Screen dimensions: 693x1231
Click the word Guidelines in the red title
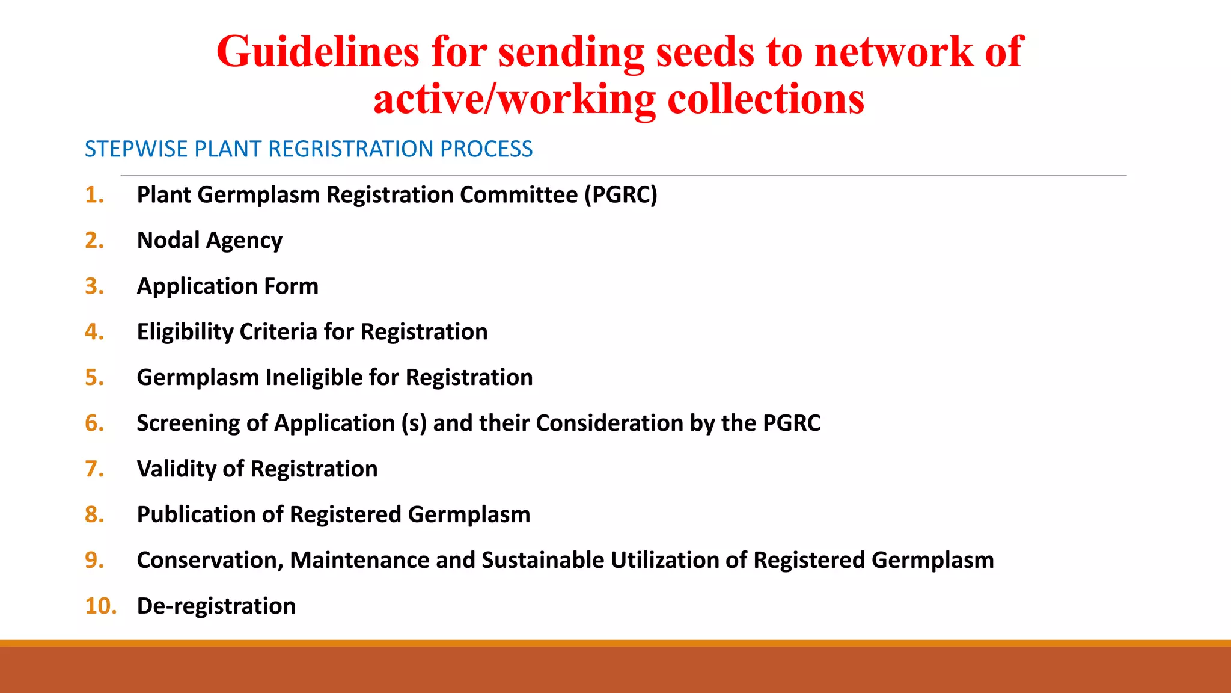pos(317,52)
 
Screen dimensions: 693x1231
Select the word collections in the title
pos(766,99)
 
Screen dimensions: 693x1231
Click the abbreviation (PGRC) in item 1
pos(621,195)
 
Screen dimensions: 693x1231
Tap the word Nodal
pos(168,241)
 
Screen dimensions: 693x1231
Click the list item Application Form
pos(228,286)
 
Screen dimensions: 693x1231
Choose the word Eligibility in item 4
pos(185,332)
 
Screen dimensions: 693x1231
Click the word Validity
pos(176,469)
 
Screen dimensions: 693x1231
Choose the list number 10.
pos(100,606)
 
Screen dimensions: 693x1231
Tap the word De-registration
pos(216,606)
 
